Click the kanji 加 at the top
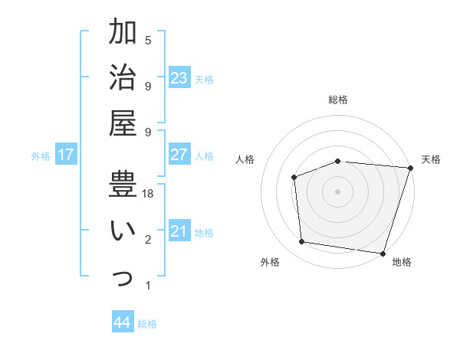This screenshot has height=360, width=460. coord(124,34)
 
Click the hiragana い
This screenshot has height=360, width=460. coord(124,229)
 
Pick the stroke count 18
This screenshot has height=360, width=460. coord(148,195)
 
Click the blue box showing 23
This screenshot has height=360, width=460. coord(179,78)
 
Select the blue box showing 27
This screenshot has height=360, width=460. coord(179,155)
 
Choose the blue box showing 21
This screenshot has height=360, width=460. coord(179,231)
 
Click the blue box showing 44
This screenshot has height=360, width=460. coord(123,322)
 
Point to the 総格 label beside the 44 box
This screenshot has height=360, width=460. coord(148,324)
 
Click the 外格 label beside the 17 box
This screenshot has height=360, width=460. coord(41,156)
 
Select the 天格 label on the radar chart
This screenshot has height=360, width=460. coord(431,159)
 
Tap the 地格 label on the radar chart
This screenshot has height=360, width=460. coord(402,262)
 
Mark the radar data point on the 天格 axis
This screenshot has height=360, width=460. coord(410,168)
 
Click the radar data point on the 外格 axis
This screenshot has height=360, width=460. coord(302,242)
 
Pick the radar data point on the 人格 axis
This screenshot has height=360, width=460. coord(294,177)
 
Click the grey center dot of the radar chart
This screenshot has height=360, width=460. coord(337,191)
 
